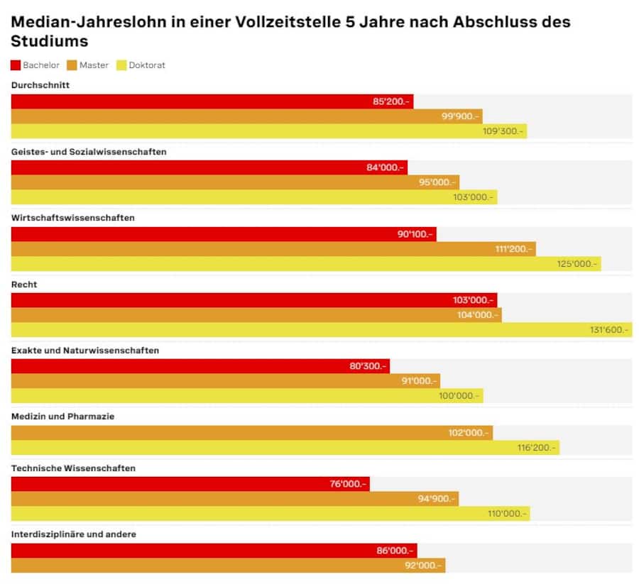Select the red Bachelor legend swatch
tap(16, 65)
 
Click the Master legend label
tap(94, 65)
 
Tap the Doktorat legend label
tap(147, 65)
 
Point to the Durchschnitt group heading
tap(40, 85)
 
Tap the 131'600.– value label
tap(608, 330)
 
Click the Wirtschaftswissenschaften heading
tap(73, 218)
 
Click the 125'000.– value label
tap(578, 264)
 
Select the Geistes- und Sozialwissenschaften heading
tap(89, 152)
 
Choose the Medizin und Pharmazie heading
tap(63, 417)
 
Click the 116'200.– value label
tap(536, 448)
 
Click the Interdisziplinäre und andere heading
tap(74, 534)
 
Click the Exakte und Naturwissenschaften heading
tap(85, 351)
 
